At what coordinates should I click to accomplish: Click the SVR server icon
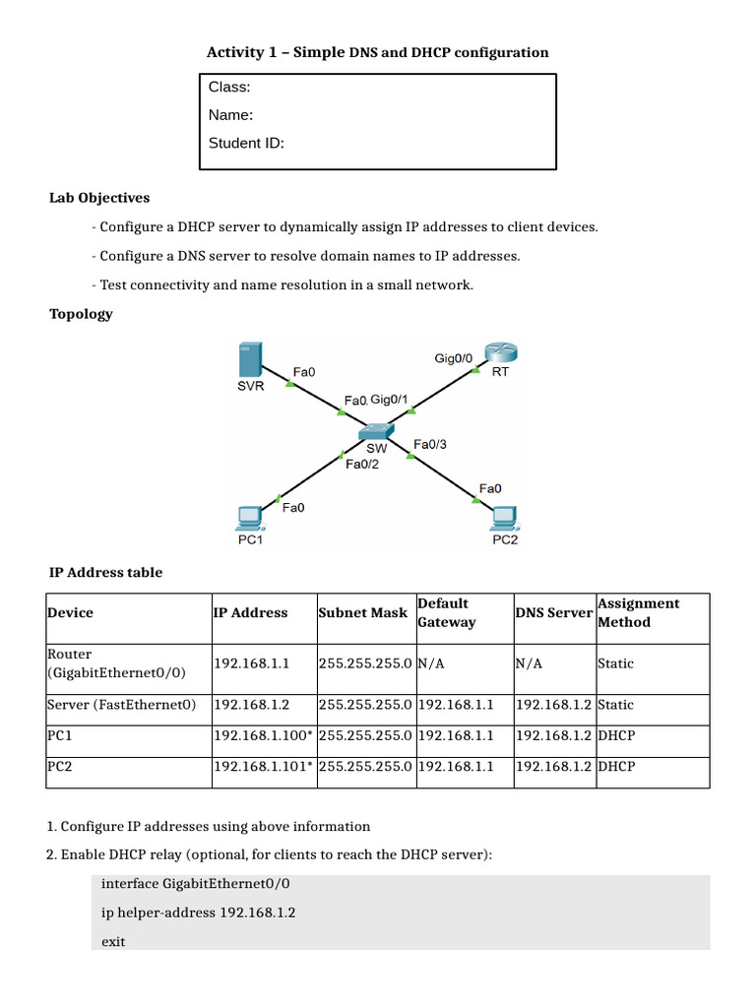point(250,360)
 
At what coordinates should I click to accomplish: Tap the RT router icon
point(501,354)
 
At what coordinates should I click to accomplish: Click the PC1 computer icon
point(250,518)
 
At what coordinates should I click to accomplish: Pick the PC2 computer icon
point(505,518)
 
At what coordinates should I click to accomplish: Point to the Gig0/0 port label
point(454,358)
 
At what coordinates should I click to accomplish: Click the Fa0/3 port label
point(430,445)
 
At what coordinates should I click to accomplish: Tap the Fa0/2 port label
point(362,465)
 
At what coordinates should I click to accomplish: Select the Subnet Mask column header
point(362,612)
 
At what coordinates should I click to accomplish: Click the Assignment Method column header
point(638,612)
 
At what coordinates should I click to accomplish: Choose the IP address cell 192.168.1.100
point(263,735)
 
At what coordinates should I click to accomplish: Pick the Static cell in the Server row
point(615,705)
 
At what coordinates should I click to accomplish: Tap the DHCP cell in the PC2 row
point(615,766)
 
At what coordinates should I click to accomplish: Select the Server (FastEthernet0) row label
point(120,705)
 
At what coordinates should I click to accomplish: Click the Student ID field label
point(246,144)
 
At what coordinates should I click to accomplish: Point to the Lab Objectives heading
point(99,198)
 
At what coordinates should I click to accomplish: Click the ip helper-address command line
point(199,913)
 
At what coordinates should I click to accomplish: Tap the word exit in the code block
point(113,942)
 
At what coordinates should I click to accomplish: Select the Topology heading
point(81,314)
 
